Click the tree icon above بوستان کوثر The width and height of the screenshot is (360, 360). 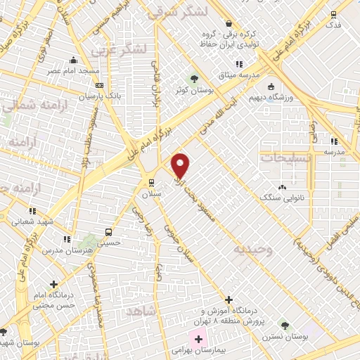[x=194, y=77]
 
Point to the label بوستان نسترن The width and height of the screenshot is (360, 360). [x=285, y=337]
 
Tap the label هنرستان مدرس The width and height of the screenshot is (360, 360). [x=63, y=250]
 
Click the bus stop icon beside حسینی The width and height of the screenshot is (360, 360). [x=108, y=231]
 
